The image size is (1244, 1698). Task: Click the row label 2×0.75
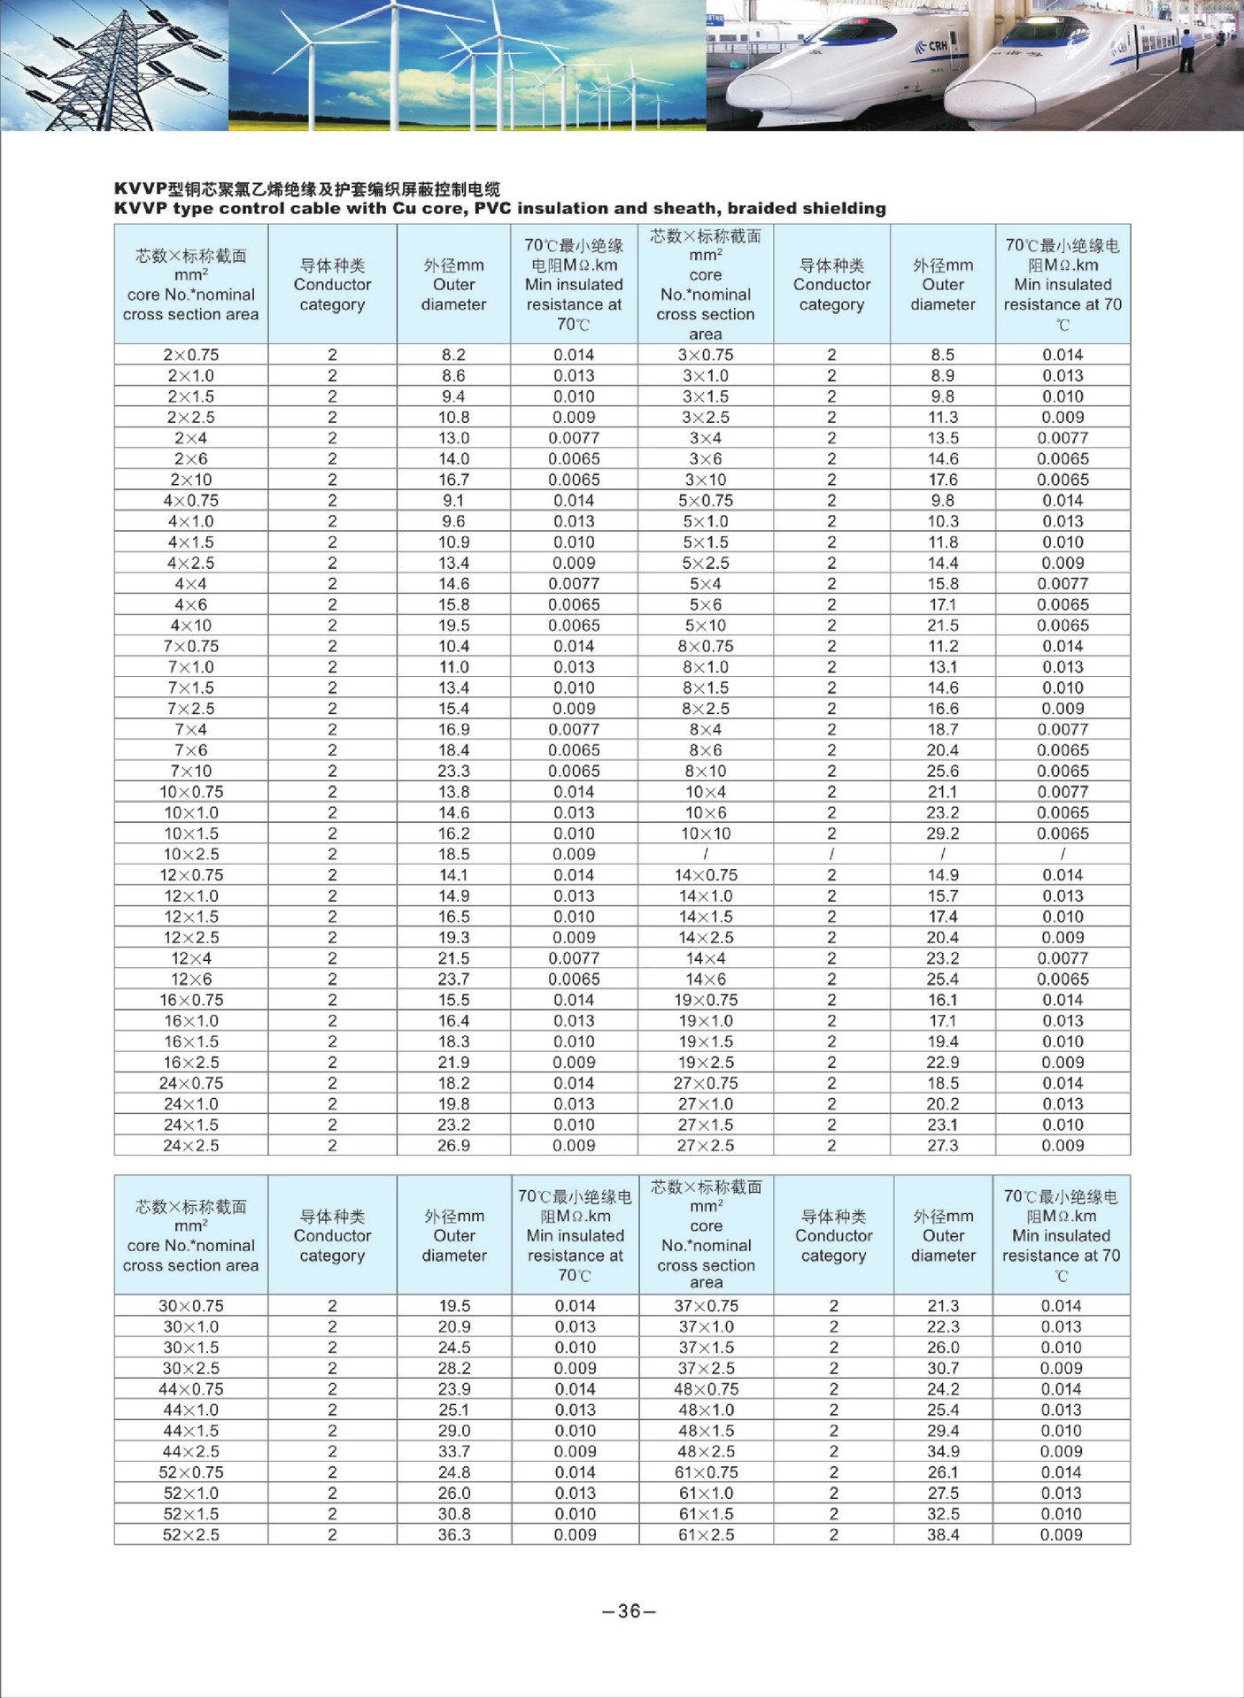pos(190,355)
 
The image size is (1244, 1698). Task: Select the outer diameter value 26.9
pos(453,1146)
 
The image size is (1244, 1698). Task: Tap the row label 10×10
pos(705,834)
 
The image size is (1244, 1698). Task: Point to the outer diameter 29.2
pos(942,834)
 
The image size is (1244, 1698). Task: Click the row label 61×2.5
pos(706,1535)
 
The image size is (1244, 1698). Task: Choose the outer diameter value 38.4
pos(943,1535)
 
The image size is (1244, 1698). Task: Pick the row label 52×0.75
pos(190,1472)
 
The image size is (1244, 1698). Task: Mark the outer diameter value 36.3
pos(453,1535)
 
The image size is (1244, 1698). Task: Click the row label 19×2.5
pos(706,1063)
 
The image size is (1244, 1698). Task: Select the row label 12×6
pos(190,980)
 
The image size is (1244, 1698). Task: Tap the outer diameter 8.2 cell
pos(453,355)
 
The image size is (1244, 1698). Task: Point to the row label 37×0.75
pos(706,1306)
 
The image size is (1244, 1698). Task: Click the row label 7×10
pos(190,771)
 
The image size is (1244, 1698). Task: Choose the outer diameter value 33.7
pos(453,1452)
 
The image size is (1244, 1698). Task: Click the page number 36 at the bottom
pos(629,1611)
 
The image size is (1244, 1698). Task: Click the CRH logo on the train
pos(936,46)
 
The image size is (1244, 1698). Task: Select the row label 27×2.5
pos(706,1146)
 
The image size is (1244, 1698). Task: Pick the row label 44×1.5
pos(190,1431)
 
